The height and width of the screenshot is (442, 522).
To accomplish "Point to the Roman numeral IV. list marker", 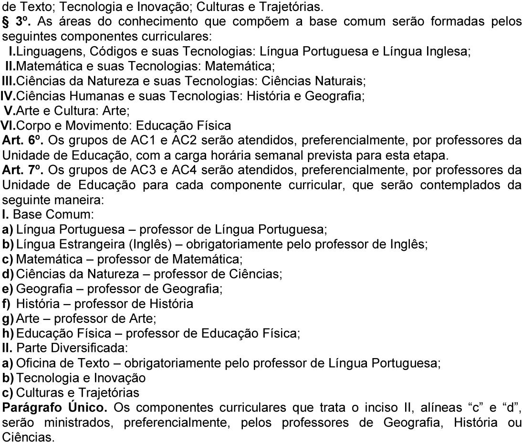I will [8, 97].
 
